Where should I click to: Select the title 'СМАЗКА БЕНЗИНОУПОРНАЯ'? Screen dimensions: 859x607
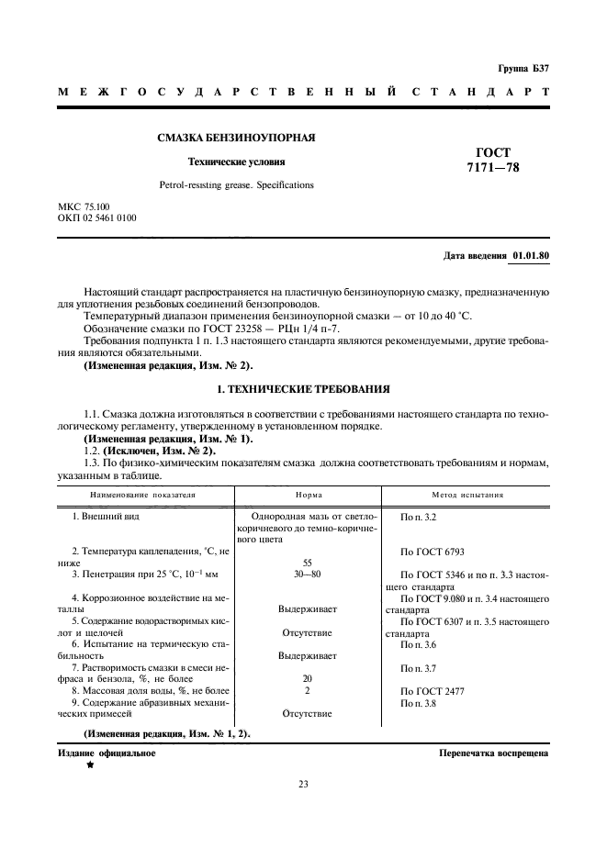pyautogui.click(x=236, y=138)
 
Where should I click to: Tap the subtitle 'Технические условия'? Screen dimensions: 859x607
pyautogui.click(x=236, y=162)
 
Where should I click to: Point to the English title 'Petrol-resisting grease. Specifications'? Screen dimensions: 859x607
pyautogui.click(x=236, y=184)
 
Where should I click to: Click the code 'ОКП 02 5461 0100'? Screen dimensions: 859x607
pyautogui.click(x=96, y=218)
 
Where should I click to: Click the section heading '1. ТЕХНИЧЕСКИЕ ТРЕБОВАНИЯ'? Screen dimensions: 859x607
pyautogui.click(x=302, y=389)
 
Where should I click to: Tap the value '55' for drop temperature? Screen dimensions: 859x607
pyautogui.click(x=309, y=563)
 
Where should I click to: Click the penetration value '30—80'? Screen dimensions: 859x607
pyautogui.click(x=309, y=575)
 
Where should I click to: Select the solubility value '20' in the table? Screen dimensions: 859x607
pyautogui.click(x=309, y=678)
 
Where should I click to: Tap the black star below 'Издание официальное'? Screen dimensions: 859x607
pyautogui.click(x=90, y=764)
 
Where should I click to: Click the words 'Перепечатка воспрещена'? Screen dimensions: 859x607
pyautogui.click(x=494, y=753)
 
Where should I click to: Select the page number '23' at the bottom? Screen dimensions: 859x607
pyautogui.click(x=303, y=784)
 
